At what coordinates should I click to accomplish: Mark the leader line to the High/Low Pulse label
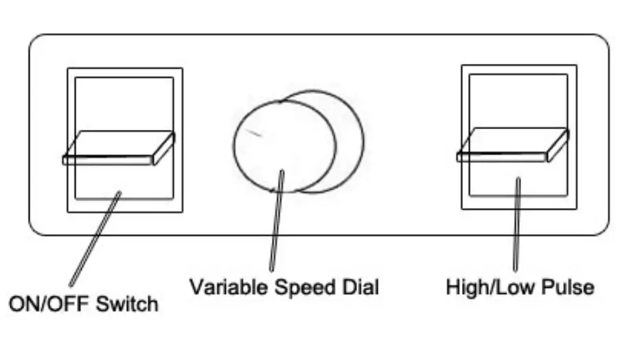coord(517,227)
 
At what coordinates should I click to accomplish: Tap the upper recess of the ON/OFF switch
coord(124,103)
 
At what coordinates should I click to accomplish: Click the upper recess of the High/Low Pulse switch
coord(518,100)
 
